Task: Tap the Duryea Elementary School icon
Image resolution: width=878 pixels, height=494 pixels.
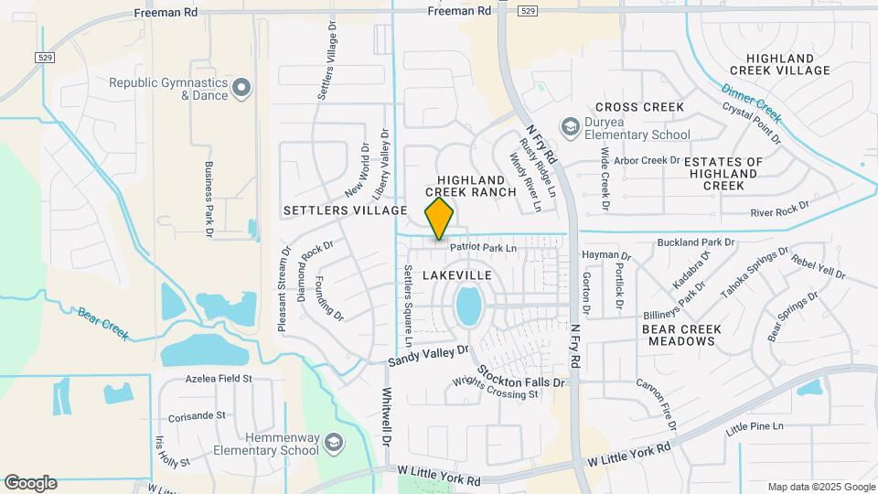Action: point(571,126)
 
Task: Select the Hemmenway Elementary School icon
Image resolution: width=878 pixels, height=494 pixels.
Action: point(334,444)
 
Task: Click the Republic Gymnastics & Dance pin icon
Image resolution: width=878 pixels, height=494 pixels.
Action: point(241,89)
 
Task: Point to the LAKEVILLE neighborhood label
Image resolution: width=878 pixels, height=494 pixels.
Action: point(457,275)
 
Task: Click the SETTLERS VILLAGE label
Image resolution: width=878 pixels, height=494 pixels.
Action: point(345,210)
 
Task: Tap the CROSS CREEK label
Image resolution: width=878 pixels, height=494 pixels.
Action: point(639,107)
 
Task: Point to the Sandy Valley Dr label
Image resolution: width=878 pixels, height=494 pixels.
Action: point(428,356)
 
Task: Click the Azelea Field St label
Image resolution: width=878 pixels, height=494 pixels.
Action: point(218,378)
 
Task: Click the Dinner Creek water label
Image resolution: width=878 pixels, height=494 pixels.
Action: point(751,103)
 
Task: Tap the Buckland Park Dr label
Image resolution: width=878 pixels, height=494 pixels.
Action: point(696,242)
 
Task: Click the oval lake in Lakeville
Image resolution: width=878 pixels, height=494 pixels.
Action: point(468,306)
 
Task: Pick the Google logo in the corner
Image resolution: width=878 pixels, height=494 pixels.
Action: point(30,483)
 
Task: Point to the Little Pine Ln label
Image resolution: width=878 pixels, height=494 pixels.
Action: point(755,427)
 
